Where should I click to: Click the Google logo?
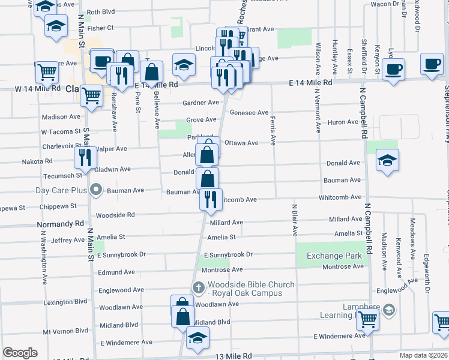20,353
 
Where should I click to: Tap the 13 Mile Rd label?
231,356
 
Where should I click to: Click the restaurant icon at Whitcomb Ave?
210,199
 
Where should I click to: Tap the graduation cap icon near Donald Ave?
388,160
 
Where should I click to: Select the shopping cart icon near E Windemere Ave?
367,320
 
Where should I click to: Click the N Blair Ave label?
295,220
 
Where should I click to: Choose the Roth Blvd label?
100,12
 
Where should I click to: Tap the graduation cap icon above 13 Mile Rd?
197,338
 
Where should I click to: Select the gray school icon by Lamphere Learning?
388,310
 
